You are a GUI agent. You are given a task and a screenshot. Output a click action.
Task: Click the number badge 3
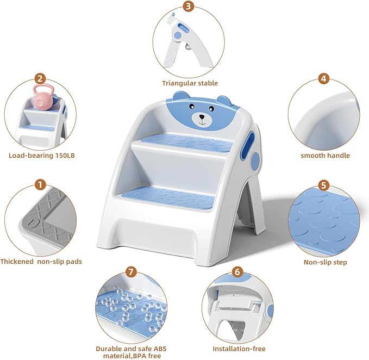pyautogui.click(x=189, y=7)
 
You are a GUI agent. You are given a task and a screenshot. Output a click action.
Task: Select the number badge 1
pyautogui.click(x=40, y=185)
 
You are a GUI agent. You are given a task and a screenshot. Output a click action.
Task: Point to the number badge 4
pyautogui.click(x=324, y=78)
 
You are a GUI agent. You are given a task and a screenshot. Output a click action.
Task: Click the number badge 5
pyautogui.click(x=324, y=185)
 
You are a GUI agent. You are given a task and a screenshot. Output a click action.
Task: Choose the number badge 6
pyautogui.click(x=237, y=272)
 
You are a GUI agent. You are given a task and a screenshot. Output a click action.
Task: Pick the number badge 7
pyautogui.click(x=130, y=271)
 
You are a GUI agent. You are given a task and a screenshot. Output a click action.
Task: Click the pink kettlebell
pyautogui.click(x=42, y=98)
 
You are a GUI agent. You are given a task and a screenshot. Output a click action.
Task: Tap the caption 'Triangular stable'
pyautogui.click(x=190, y=83)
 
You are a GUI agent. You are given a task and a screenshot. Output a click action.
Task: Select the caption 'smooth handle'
pyautogui.click(x=325, y=156)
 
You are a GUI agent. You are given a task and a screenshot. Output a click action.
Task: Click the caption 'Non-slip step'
pyautogui.click(x=325, y=263)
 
